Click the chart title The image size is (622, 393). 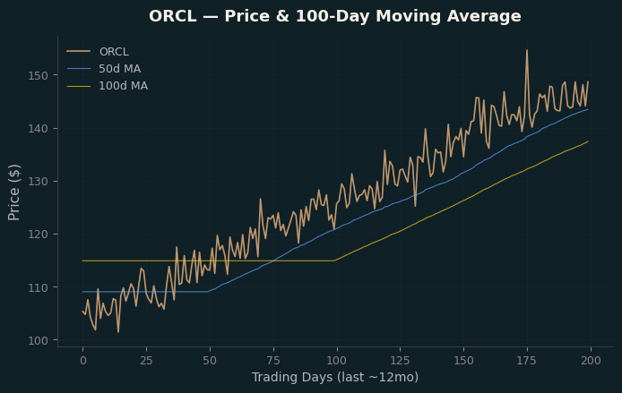pyautogui.click(x=335, y=16)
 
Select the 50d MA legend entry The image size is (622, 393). pyautogui.click(x=104, y=69)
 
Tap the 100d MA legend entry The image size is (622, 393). pyautogui.click(x=108, y=86)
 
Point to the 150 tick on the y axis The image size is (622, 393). pyautogui.click(x=38, y=75)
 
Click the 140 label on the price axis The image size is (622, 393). pyautogui.click(x=38, y=128)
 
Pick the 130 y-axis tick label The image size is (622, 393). pyautogui.click(x=38, y=182)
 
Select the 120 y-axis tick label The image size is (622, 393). pyautogui.click(x=38, y=235)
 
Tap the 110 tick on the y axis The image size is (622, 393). pyautogui.click(x=38, y=287)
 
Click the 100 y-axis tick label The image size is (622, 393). pyautogui.click(x=38, y=340)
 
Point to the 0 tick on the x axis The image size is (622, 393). pyautogui.click(x=83, y=361)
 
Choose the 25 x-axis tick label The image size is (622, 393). pyautogui.click(x=146, y=361)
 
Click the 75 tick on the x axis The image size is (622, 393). pyautogui.click(x=273, y=361)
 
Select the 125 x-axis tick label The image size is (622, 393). pyautogui.click(x=401, y=361)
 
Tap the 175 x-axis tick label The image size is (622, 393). pyautogui.click(x=527, y=361)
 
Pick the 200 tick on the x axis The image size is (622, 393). pyautogui.click(x=591, y=361)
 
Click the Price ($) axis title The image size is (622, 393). pyautogui.click(x=13, y=192)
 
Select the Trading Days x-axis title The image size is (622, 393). pyautogui.click(x=335, y=377)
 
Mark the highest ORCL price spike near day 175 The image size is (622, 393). pyautogui.click(x=527, y=50)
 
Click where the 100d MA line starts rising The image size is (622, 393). pyautogui.click(x=334, y=261)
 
